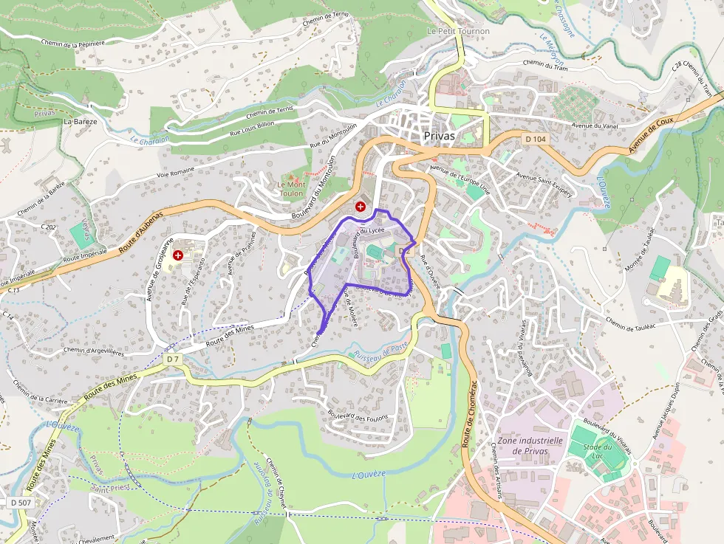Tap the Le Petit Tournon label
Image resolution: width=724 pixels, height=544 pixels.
458,32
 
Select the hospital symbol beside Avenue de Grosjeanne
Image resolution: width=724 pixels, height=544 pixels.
178,255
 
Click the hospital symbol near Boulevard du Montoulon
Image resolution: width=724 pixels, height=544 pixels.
361,207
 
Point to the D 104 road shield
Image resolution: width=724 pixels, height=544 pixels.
535,139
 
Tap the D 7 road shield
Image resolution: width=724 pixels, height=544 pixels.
174,359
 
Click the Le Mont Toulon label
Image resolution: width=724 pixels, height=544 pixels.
291,188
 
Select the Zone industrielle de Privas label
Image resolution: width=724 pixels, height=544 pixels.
530,446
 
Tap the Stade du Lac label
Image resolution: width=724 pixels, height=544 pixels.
598,452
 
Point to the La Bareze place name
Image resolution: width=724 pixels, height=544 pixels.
80,121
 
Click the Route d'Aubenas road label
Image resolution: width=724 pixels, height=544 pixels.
151,227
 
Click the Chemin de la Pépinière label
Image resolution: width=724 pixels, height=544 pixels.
73,44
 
